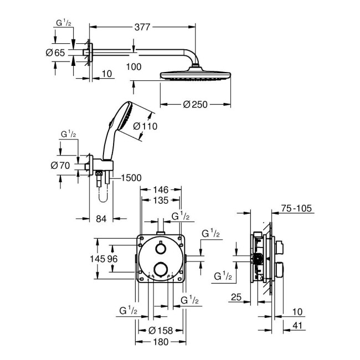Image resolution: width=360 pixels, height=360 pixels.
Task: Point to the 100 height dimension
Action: [133, 66]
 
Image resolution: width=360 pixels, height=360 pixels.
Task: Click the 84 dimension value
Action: [101, 219]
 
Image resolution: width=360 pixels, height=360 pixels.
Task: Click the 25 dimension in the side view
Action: [235, 298]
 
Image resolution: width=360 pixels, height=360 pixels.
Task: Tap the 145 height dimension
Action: [103, 258]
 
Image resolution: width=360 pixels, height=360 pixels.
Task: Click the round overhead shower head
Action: [195, 75]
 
